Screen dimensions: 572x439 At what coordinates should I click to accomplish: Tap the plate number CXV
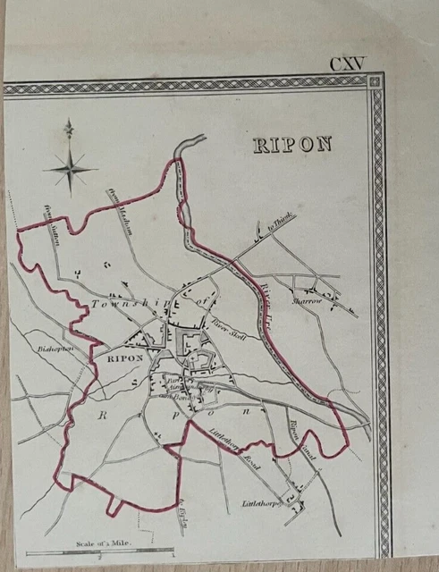347,65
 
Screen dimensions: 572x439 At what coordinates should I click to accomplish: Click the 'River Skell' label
228,327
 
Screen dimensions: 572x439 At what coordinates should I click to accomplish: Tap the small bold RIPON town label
124,357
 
